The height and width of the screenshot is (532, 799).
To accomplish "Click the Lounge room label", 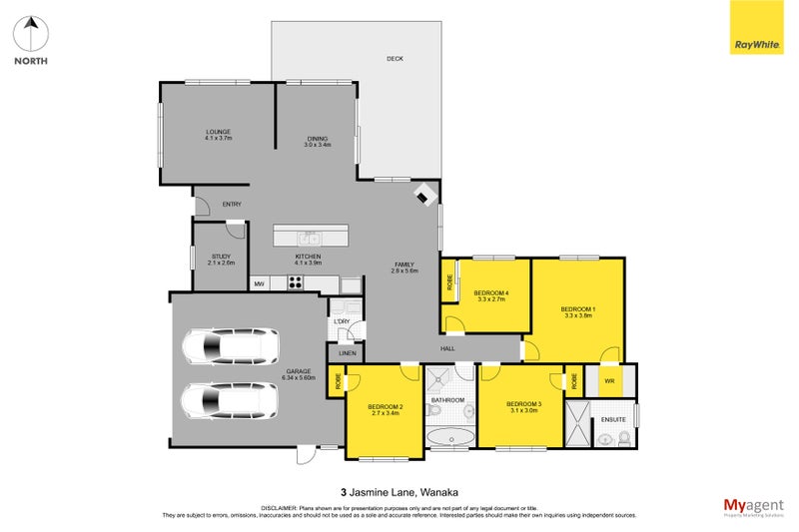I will pos(218,135).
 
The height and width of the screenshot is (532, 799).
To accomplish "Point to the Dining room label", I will pos(317,141).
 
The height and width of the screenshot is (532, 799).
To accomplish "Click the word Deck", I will pos(395,59).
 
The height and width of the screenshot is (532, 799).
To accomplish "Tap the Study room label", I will pos(222,260).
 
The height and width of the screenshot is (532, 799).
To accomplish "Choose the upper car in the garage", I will pos(230,348).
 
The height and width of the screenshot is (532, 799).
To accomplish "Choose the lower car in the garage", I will pos(230,401).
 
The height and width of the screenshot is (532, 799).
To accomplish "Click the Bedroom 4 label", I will pos(492,295).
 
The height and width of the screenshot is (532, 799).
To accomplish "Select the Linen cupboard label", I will pos(347,353).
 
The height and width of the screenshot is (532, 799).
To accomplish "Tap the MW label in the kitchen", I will pos(259,284).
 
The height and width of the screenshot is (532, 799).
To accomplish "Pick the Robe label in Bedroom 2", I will pos(339,380).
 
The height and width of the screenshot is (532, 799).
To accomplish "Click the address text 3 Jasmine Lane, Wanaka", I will pos(399,491).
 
